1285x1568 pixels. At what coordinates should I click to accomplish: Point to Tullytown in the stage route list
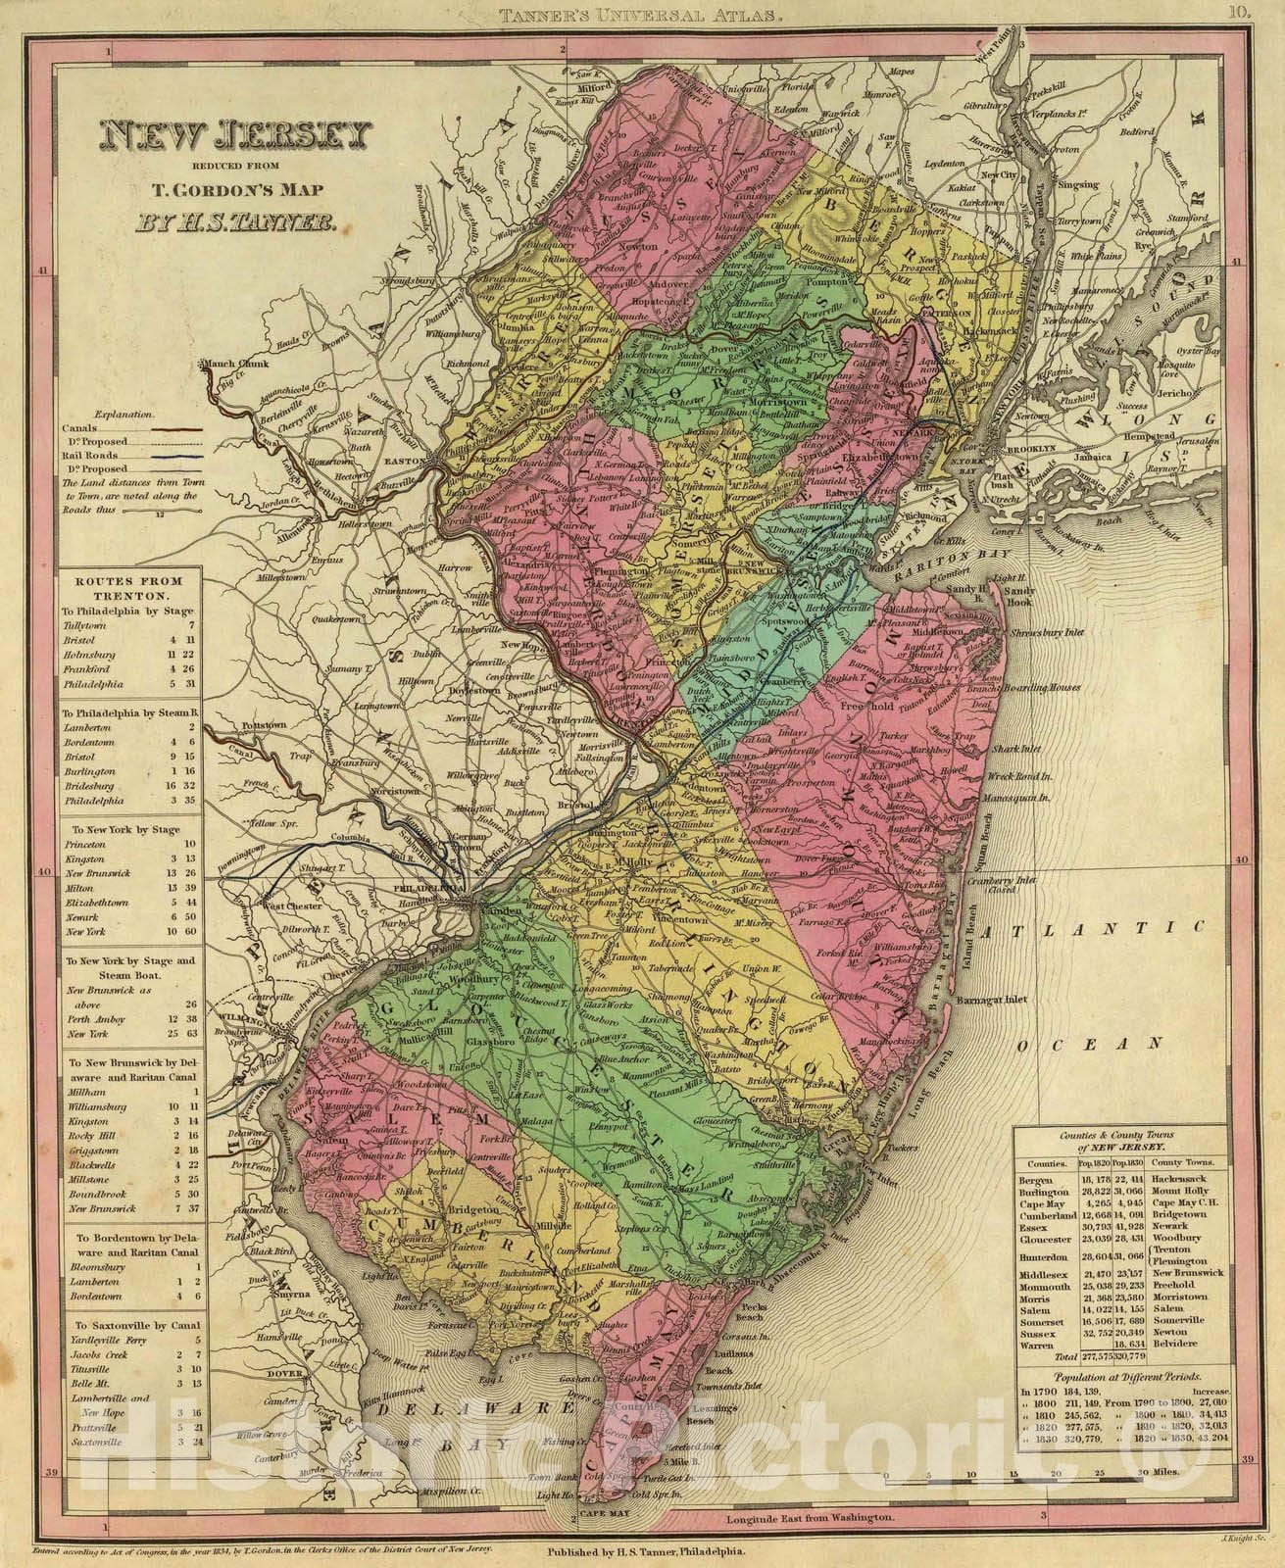click(85, 624)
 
